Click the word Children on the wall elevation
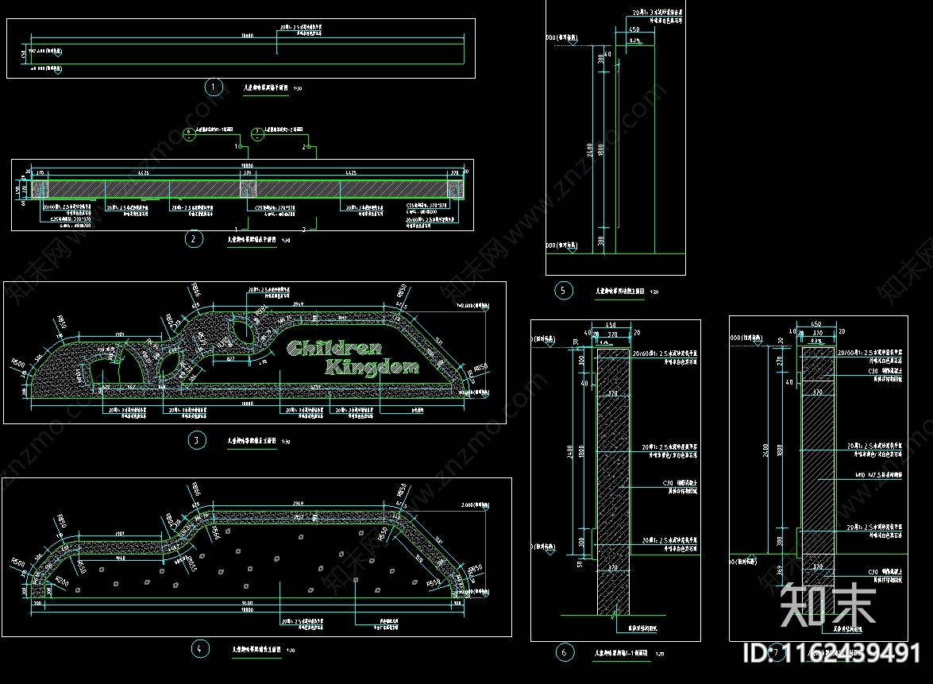[x=333, y=348]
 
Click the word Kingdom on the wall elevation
[x=372, y=367]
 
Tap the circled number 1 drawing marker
[x=212, y=87]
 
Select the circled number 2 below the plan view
[x=193, y=238]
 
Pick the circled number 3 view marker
[x=196, y=440]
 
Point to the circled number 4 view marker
[x=200, y=649]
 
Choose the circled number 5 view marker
[x=563, y=291]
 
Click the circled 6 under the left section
[x=564, y=653]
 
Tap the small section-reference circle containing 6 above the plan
[x=188, y=133]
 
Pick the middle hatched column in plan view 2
[x=250, y=188]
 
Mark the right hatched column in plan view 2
[x=454, y=188]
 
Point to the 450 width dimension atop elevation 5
[x=634, y=29]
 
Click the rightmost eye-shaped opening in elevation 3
[x=241, y=332]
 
